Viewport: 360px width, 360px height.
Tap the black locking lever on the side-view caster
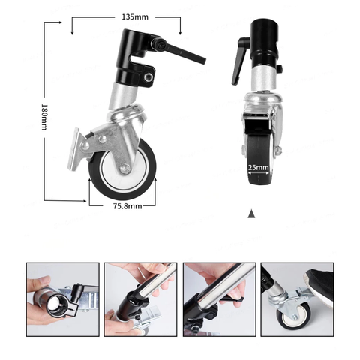tap(184, 52)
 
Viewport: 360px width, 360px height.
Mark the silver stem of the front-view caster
tap(259, 82)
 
